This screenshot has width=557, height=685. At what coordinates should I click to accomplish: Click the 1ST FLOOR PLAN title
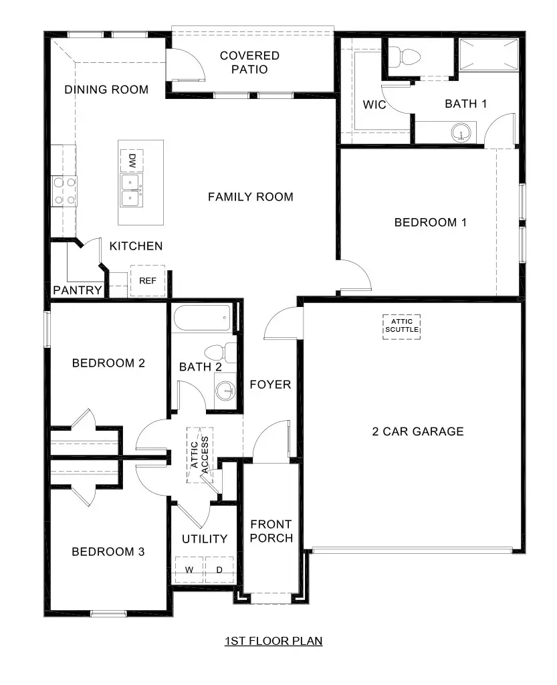pos(273,641)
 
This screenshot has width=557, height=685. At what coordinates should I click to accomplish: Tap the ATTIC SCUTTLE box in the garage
pos(402,326)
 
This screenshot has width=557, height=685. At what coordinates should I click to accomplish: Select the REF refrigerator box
pos(148,281)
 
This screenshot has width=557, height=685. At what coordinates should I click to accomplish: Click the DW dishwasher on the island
pos(132,161)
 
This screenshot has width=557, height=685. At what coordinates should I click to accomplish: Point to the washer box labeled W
pos(189,570)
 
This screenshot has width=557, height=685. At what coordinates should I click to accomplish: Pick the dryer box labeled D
pos(219,570)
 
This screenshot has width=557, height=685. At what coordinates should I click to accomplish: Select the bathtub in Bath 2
pos(202,318)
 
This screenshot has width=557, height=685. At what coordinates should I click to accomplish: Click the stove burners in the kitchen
pos(64,190)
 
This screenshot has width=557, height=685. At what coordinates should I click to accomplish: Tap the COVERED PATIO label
pos(250,62)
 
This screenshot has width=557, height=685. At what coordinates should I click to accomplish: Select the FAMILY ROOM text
pos(250,197)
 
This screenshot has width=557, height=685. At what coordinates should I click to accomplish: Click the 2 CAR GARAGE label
pos(417,431)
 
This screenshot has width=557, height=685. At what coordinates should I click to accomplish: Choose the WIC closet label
pos(374,105)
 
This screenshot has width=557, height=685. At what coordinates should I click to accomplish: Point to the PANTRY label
pos(78,290)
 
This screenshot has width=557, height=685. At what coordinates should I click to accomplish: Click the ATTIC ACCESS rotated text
pos(200,455)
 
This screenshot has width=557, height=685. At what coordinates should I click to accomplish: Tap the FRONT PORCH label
pos(271,531)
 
